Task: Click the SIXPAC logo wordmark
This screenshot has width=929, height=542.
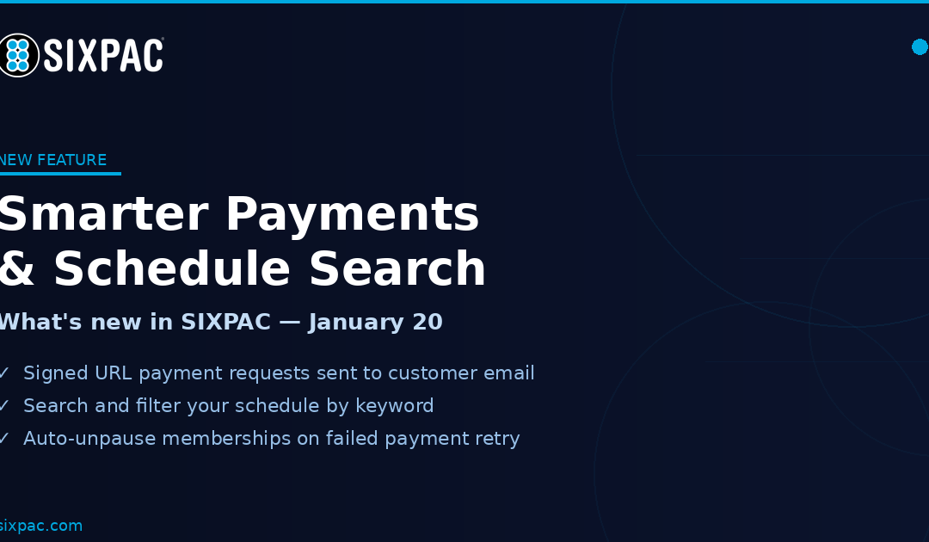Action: coord(103,56)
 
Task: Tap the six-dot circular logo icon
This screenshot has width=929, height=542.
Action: coord(17,55)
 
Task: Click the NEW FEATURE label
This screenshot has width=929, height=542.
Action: coord(53,160)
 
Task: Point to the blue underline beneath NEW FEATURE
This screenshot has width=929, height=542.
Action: coord(60,173)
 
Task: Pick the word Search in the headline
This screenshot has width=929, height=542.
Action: coord(397,269)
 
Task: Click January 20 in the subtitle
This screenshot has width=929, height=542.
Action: coord(376,323)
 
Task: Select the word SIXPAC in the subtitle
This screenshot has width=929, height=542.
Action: coord(225,323)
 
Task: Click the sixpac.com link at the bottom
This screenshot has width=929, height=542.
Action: coord(41,526)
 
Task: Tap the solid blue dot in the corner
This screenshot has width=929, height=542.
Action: coord(920,46)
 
